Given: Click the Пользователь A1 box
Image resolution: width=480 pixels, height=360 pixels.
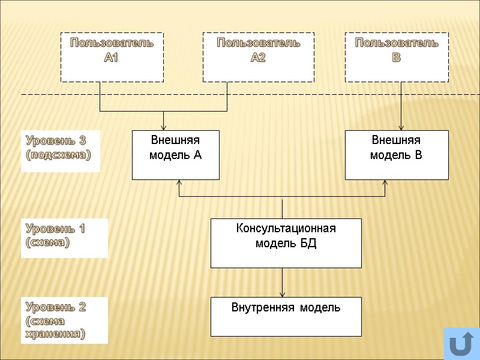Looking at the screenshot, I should [x=112, y=57].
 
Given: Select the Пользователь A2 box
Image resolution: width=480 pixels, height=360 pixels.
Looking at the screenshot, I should [x=258, y=57].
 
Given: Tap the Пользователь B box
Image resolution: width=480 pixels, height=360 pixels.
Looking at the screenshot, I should [x=396, y=57].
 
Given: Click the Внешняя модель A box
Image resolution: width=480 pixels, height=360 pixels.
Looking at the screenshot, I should [x=175, y=155].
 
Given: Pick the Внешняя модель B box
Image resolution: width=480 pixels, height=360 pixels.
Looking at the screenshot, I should [x=396, y=155].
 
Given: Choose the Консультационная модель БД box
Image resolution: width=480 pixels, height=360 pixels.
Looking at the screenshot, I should [x=286, y=242].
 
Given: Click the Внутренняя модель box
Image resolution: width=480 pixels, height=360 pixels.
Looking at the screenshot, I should [x=286, y=316].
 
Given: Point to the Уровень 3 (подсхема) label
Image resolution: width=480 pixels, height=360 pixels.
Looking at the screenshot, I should [x=60, y=148].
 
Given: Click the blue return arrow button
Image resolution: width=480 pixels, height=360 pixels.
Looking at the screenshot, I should [x=461, y=344].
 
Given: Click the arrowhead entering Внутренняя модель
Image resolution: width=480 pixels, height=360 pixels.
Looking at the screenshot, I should [x=283, y=294].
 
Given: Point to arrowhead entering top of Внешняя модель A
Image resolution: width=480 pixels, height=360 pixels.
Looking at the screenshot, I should [x=164, y=127].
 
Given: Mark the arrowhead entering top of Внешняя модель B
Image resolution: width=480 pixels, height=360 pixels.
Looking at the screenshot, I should [x=401, y=127].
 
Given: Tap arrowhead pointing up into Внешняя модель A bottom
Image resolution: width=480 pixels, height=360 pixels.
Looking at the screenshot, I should [x=179, y=183].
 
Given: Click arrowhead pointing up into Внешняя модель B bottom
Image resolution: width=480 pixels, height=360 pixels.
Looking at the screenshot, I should [x=386, y=183].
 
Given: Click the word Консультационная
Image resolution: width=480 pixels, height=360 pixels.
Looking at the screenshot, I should [x=286, y=229].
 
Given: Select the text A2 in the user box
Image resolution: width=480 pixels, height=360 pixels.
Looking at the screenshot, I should [x=258, y=58].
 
